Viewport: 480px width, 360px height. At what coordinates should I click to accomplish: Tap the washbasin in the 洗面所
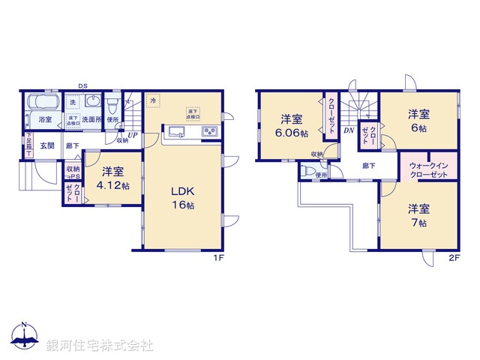pyautogui.click(x=93, y=101)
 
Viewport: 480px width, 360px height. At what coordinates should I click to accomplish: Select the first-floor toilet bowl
pyautogui.click(x=112, y=104)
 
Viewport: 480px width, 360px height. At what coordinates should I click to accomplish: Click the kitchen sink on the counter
pyautogui.click(x=177, y=133)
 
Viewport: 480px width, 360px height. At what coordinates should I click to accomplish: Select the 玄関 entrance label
pyautogui.click(x=47, y=146)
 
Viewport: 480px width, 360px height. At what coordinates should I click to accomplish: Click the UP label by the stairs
pyautogui.click(x=132, y=136)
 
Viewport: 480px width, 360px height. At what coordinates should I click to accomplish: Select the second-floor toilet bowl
pyautogui.click(x=307, y=170)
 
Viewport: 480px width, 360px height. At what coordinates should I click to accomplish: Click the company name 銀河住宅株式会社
pyautogui.click(x=100, y=346)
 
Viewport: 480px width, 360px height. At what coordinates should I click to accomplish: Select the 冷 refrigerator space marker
pyautogui.click(x=153, y=100)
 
